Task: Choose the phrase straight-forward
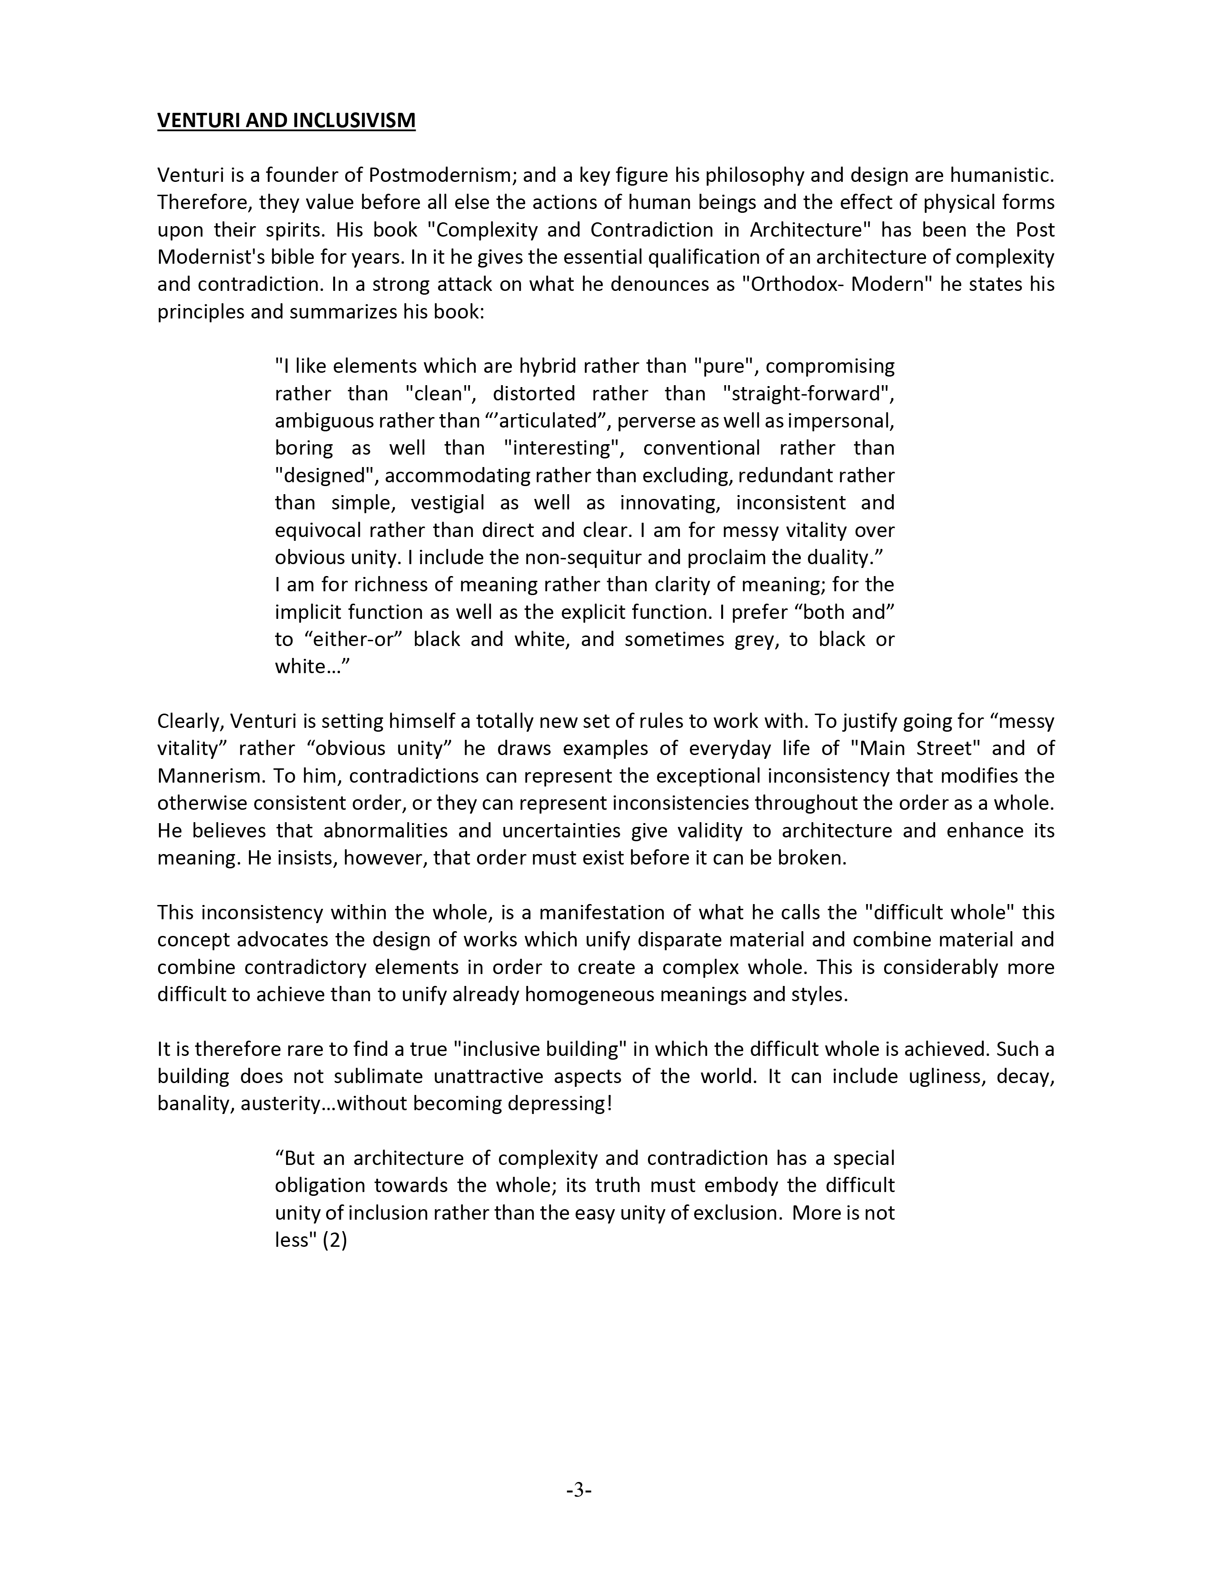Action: (x=807, y=394)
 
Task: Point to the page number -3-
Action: (x=579, y=1491)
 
